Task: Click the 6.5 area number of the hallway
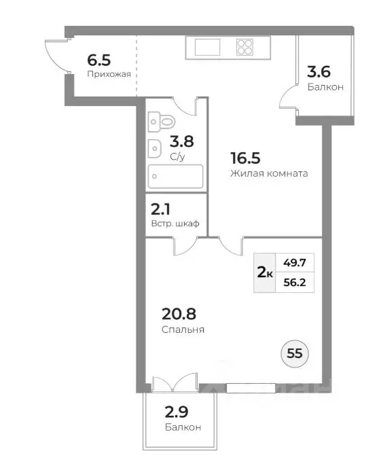click(99, 60)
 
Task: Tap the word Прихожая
click(109, 74)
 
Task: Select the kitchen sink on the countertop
click(207, 47)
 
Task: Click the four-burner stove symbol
click(245, 47)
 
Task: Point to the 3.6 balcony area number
click(319, 72)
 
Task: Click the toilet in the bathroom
click(162, 122)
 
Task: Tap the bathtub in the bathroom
click(175, 176)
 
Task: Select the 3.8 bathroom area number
click(182, 141)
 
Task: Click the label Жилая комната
click(269, 173)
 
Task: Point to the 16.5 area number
click(245, 158)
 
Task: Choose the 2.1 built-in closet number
click(160, 209)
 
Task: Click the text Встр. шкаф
click(175, 224)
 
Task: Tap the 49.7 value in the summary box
click(295, 262)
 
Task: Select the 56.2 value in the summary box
click(295, 283)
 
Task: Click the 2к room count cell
click(265, 273)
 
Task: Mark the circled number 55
click(295, 353)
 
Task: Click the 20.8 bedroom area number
click(179, 314)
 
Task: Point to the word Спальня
click(183, 330)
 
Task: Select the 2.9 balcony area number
click(177, 412)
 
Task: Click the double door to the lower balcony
click(175, 382)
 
